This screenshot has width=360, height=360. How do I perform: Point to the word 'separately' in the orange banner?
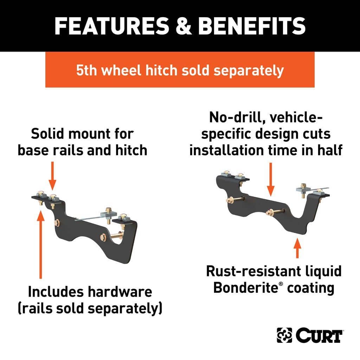click(x=249, y=71)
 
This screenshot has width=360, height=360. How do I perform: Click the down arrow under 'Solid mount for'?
click(x=52, y=176)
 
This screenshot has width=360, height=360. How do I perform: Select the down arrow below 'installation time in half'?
click(x=271, y=179)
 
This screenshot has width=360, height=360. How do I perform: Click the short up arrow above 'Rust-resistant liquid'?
click(x=297, y=248)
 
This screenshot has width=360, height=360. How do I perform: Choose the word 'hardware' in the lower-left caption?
click(x=120, y=292)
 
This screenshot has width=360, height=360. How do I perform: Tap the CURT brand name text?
click(x=319, y=335)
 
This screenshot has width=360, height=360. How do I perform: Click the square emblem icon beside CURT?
click(x=284, y=335)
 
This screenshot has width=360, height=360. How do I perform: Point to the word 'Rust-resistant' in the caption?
click(x=253, y=271)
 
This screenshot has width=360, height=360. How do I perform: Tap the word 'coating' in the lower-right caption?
click(x=311, y=288)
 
